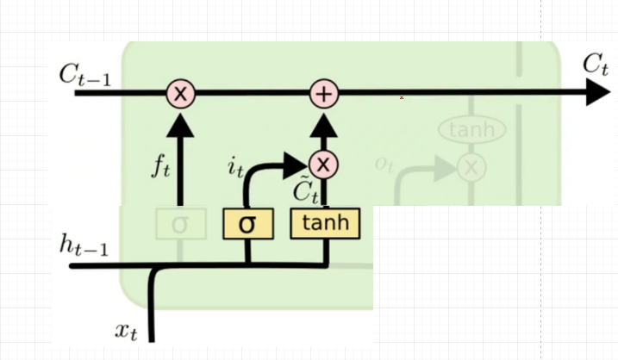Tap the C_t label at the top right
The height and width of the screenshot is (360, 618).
[x=596, y=64]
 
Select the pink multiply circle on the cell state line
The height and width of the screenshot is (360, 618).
[x=179, y=93]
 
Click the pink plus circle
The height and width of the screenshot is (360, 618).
[x=324, y=93]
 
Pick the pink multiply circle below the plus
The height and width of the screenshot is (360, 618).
[x=324, y=164]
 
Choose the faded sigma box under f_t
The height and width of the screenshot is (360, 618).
[x=179, y=224]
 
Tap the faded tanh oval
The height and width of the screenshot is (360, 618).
[x=471, y=130]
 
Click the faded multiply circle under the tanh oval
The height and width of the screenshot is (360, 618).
[x=471, y=167]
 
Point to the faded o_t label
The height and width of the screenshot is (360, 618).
[x=384, y=163]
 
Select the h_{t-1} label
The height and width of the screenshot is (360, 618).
[x=84, y=245]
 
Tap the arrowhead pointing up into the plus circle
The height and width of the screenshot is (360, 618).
[x=324, y=123]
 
